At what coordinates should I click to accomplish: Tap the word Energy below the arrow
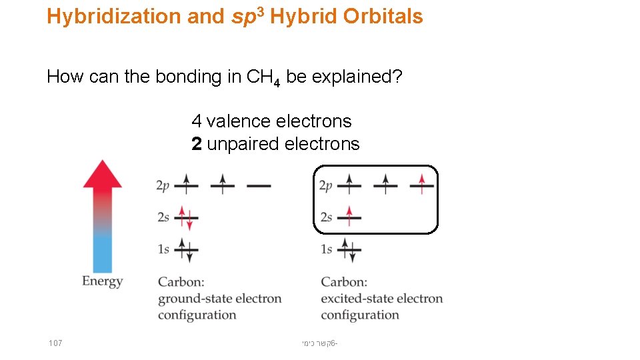pos(102,281)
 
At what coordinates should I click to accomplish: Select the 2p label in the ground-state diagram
pos(163,186)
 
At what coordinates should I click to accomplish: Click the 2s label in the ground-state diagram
pos(163,217)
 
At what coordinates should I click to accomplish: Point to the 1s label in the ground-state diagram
pos(163,249)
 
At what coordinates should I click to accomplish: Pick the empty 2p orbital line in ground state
pos(259,186)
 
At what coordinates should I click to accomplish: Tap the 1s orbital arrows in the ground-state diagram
pos(187,249)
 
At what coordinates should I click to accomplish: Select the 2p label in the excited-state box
pos(326,186)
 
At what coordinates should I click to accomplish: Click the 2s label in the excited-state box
pos(326,217)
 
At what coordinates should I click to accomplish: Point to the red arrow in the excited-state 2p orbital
pos(421,183)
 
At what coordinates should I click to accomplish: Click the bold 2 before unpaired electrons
pos(197,144)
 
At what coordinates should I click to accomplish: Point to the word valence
pos(239,121)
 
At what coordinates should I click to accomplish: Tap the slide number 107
pos(55,343)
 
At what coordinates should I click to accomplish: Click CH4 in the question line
pos(263,78)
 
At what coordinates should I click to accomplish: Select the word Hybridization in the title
pos(114,17)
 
